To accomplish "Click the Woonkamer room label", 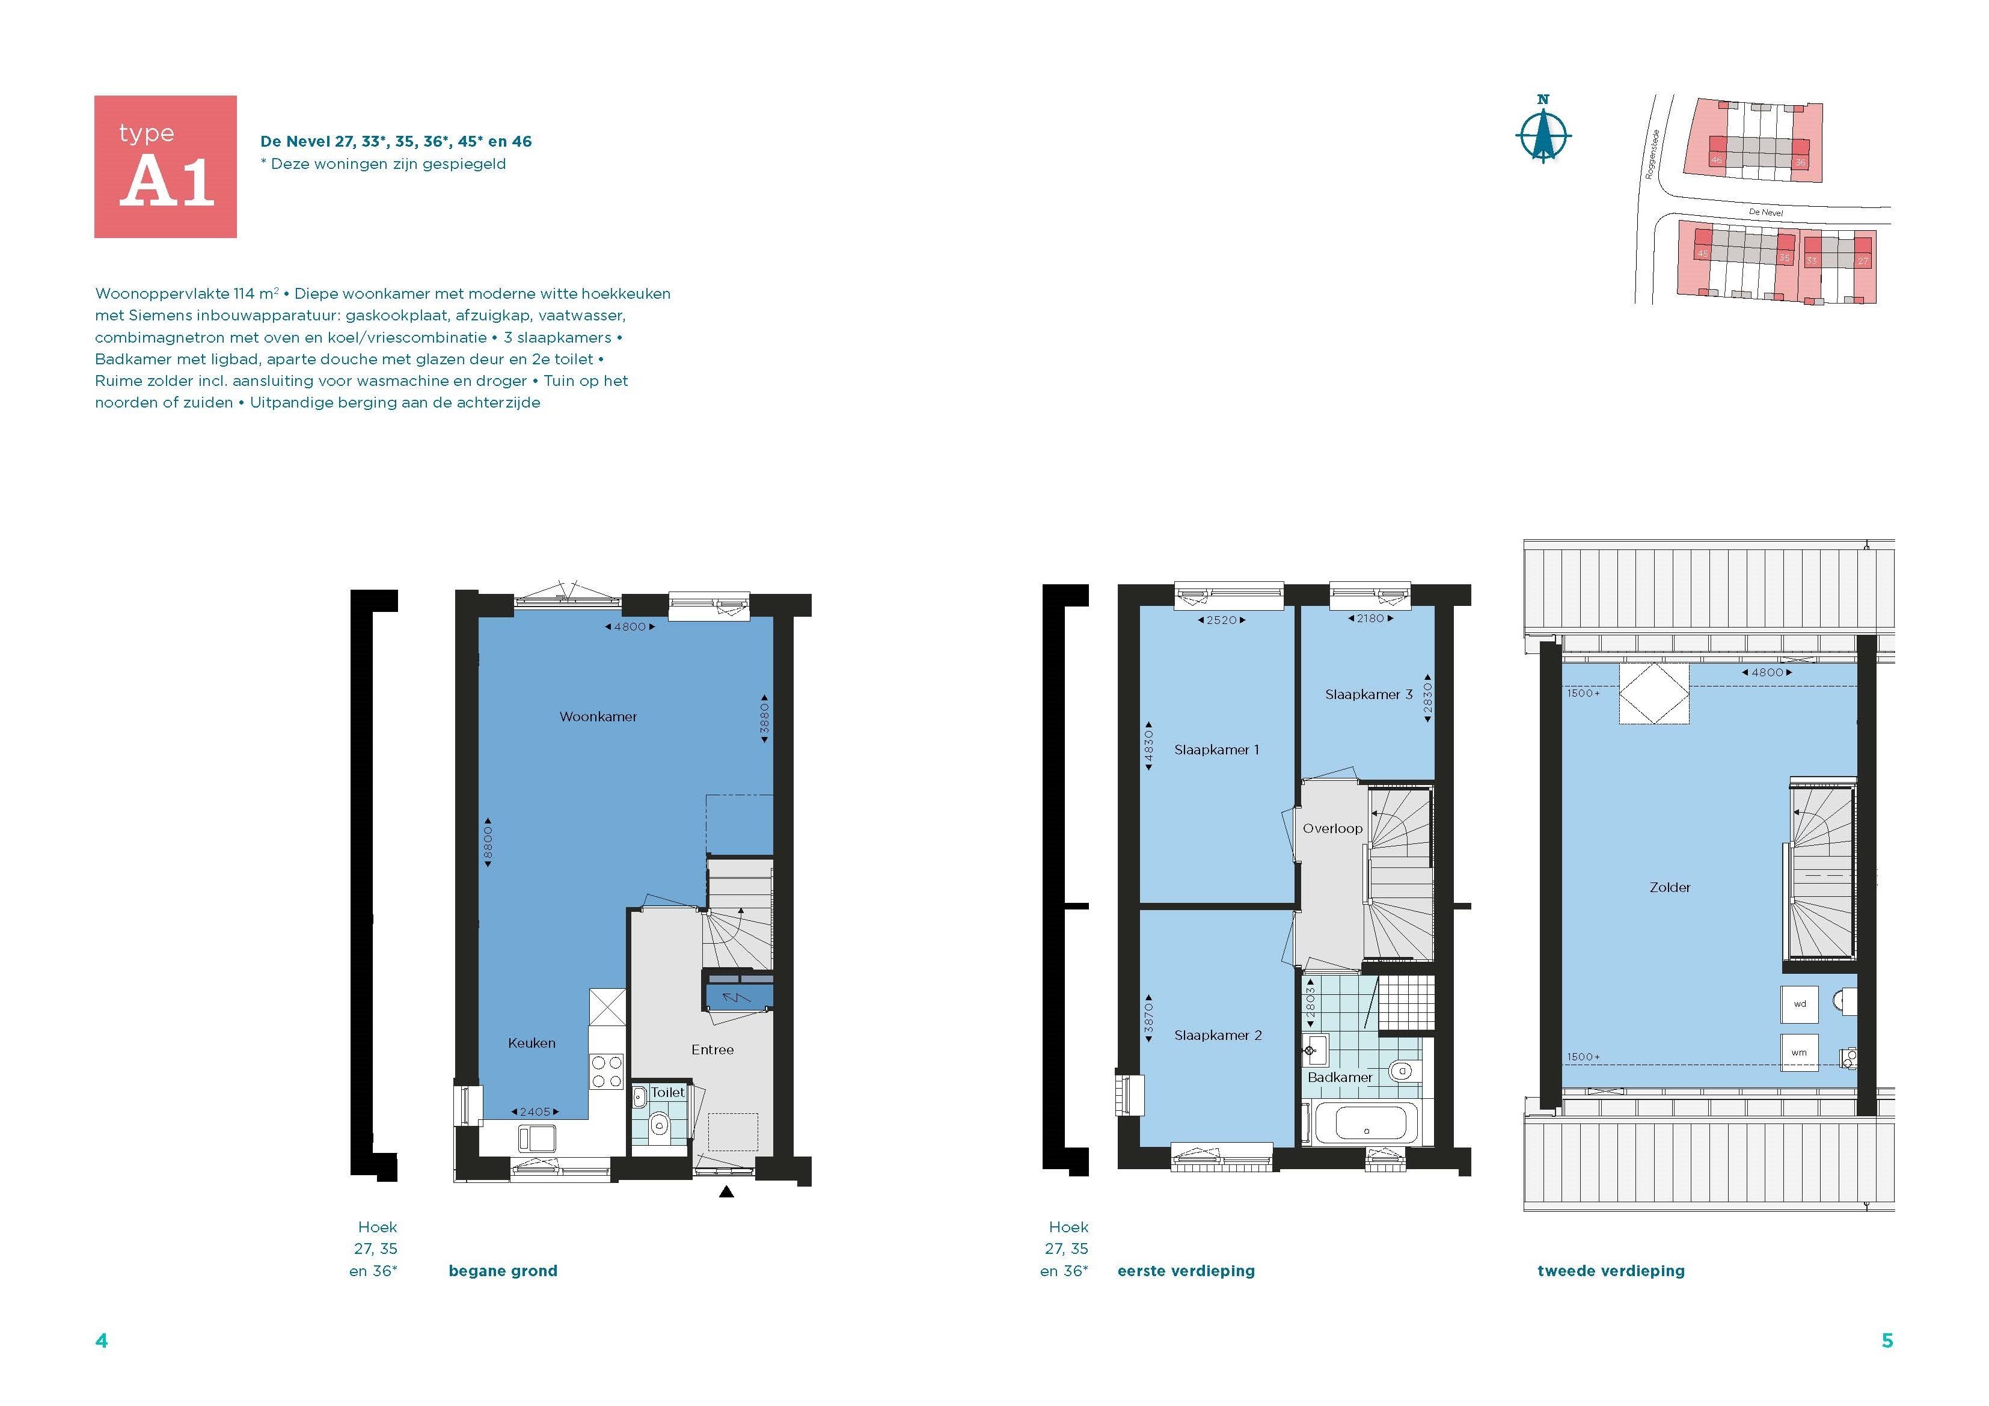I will pyautogui.click(x=598, y=717).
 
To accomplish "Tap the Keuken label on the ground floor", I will pyautogui.click(x=531, y=1043).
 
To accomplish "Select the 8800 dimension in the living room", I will pyautogui.click(x=488, y=842).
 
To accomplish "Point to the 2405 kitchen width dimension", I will pyautogui.click(x=535, y=1111).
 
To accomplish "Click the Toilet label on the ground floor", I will pyautogui.click(x=667, y=1092).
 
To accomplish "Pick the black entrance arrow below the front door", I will pyautogui.click(x=726, y=1192).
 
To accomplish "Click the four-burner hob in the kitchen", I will pyautogui.click(x=607, y=1072).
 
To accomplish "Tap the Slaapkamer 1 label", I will pyautogui.click(x=1216, y=750).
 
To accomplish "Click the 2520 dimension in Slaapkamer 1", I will pyautogui.click(x=1221, y=620).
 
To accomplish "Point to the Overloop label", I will pyautogui.click(x=1332, y=828).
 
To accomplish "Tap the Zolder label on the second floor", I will pyautogui.click(x=1669, y=887).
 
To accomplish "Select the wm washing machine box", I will pyautogui.click(x=1799, y=1053).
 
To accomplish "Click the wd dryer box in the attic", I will pyautogui.click(x=1799, y=1004).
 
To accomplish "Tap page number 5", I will pyautogui.click(x=1887, y=1341).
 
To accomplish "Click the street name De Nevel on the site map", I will pyautogui.click(x=1765, y=212).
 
